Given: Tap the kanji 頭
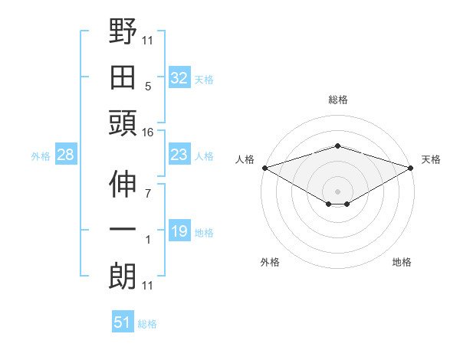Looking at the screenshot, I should click(x=123, y=123).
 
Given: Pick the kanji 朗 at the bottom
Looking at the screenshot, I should click(x=123, y=276).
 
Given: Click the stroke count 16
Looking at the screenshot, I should click(x=148, y=133).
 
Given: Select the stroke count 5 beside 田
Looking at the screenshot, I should click(x=148, y=86).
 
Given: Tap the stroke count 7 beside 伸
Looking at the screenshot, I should click(x=148, y=194).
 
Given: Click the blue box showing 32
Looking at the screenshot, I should click(x=179, y=77).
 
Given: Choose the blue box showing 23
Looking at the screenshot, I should click(x=179, y=155).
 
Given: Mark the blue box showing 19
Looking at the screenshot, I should click(x=179, y=231).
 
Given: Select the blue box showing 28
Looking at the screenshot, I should click(x=66, y=155).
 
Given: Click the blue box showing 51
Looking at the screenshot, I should click(x=123, y=322).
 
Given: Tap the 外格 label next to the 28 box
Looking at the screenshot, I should click(x=41, y=156).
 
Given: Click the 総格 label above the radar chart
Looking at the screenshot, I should click(x=337, y=100).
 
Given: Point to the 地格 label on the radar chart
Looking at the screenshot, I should click(x=402, y=263).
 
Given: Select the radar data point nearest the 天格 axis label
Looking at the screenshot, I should click(x=411, y=168).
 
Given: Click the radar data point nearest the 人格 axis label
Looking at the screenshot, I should click(x=264, y=168).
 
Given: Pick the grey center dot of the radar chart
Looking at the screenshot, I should click(x=337, y=191).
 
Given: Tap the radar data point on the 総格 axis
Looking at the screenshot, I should click(x=337, y=146).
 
